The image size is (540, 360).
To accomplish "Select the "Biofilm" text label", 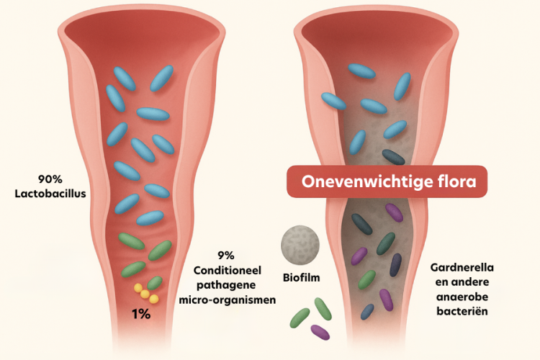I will (x=301, y=276).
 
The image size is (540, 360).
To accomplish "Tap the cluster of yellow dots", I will (x=145, y=293).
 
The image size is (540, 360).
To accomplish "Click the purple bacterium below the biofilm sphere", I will (x=320, y=331).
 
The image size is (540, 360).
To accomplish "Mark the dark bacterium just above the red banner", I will (x=393, y=156).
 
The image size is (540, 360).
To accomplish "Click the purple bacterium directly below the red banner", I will (x=394, y=212).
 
